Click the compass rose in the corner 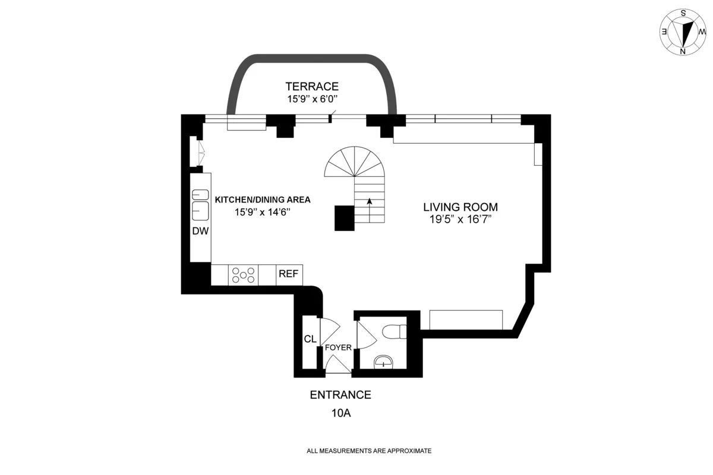coord(684,32)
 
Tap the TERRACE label coord(312,86)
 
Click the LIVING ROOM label coord(460,207)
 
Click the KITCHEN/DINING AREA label coord(263,200)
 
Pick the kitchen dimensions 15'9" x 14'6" coord(263,212)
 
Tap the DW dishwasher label coord(200,231)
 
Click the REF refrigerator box coord(289,275)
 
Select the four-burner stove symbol coord(244,275)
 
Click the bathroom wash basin coord(384,361)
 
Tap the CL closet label coord(310,340)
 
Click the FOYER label coord(338,348)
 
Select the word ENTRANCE coord(340,395)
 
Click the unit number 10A coord(340,413)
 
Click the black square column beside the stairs coord(344,218)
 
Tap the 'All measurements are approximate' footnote coord(368,451)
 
